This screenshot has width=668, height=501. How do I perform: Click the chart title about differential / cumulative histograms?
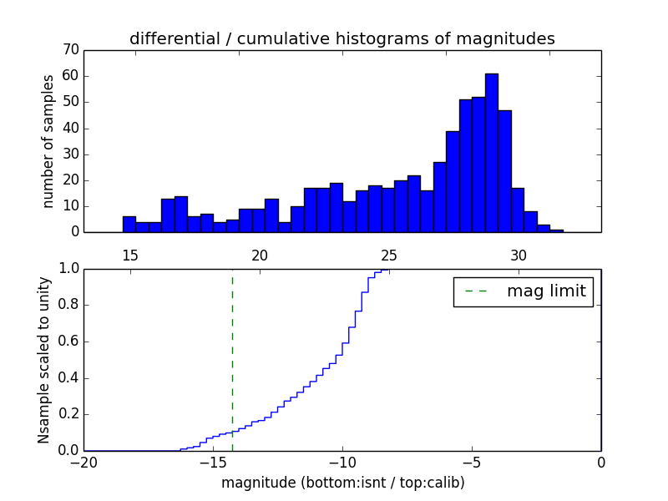pyautogui.click(x=342, y=38)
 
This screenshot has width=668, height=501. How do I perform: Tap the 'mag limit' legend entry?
pyautogui.click(x=524, y=291)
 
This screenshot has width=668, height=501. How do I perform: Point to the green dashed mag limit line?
pyautogui.click(x=232, y=359)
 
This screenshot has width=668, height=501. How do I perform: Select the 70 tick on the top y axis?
pyautogui.click(x=70, y=50)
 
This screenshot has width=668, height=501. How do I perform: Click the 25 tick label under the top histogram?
pyautogui.click(x=388, y=255)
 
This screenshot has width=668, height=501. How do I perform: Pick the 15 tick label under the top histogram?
pyautogui.click(x=129, y=255)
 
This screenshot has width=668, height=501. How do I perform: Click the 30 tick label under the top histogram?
pyautogui.click(x=518, y=255)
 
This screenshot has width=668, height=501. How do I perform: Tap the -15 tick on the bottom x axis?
pyautogui.click(x=213, y=462)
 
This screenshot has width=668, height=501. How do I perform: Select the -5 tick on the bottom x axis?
pyautogui.click(x=472, y=462)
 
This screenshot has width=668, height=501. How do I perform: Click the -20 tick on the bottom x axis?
pyautogui.click(x=83, y=462)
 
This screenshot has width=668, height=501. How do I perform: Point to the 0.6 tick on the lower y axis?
pyautogui.click(x=68, y=342)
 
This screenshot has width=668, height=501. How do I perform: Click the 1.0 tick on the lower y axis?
pyautogui.click(x=68, y=269)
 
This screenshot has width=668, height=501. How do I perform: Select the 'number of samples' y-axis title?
pyautogui.click(x=48, y=141)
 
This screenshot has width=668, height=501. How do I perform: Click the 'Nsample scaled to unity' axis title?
pyautogui.click(x=44, y=360)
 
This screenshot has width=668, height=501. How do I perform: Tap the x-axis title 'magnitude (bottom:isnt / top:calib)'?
pyautogui.click(x=342, y=483)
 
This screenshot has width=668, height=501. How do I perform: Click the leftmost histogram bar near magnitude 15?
pyautogui.click(x=129, y=224)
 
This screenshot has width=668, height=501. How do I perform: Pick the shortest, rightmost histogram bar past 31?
pyautogui.click(x=557, y=230)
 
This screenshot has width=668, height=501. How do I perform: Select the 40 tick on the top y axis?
pyautogui.click(x=70, y=128)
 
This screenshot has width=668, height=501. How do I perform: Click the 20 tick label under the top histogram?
pyautogui.click(x=259, y=255)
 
